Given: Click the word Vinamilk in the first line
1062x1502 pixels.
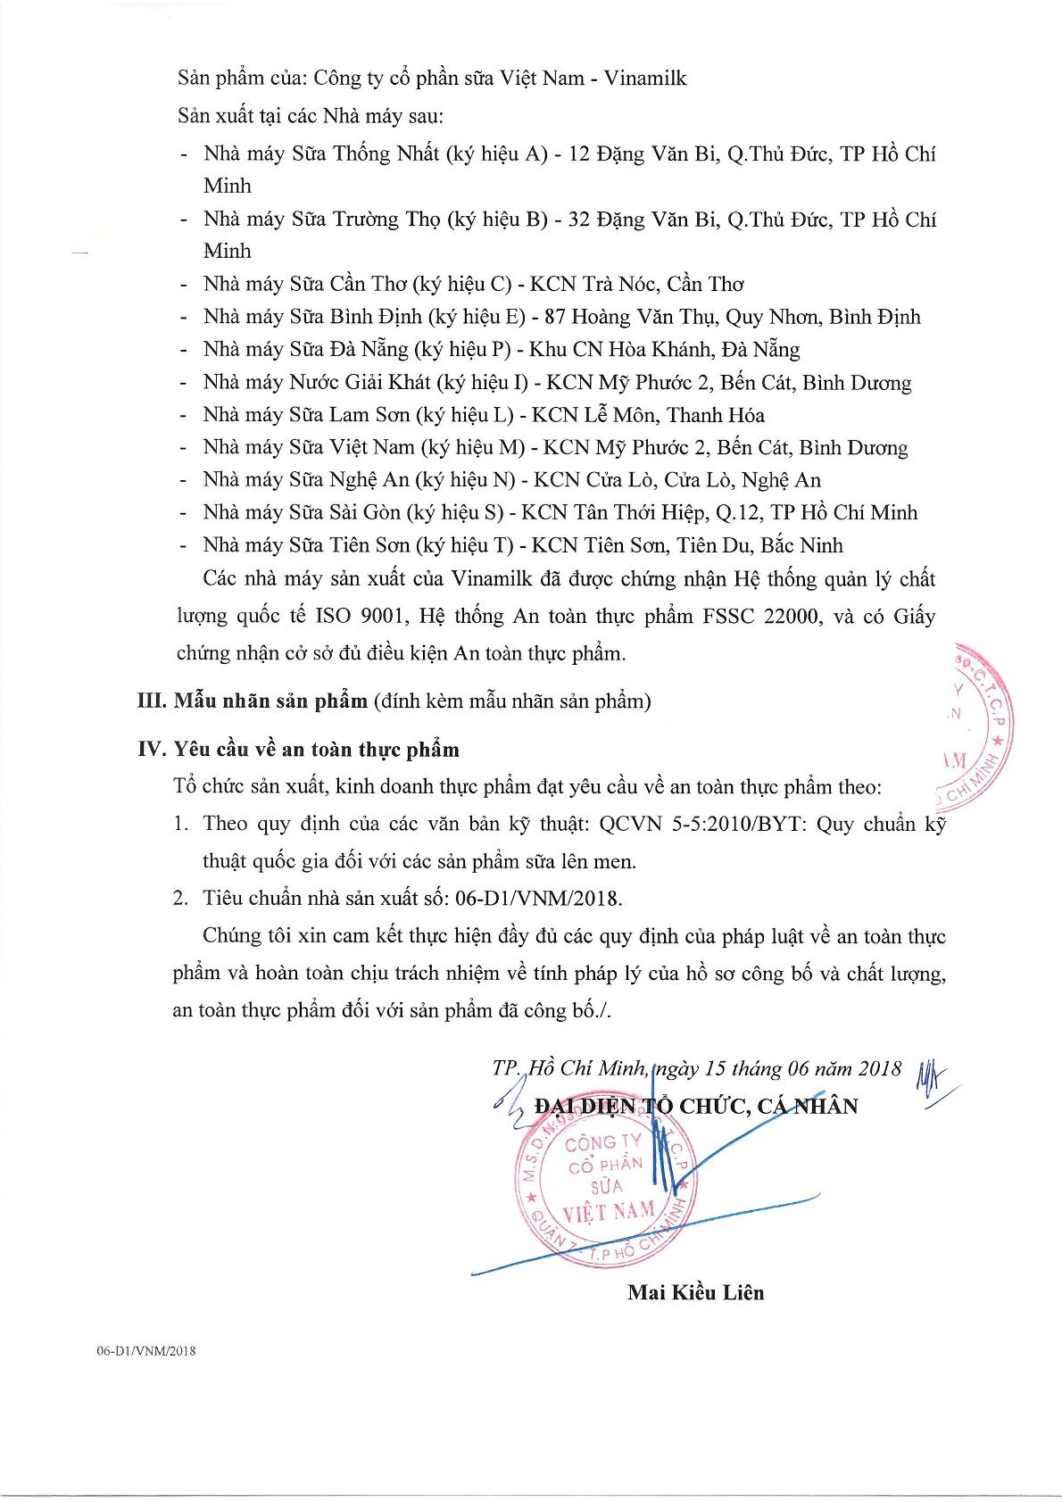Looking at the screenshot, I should pyautogui.click(x=644, y=79).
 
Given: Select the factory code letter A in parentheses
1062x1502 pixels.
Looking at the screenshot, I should pyautogui.click(x=533, y=154).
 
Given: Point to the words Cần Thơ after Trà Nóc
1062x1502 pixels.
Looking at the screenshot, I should pyautogui.click(x=705, y=285).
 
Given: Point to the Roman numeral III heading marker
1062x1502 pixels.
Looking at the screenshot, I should pyautogui.click(x=152, y=701).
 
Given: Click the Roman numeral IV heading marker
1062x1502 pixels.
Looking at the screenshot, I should pyautogui.click(x=152, y=750).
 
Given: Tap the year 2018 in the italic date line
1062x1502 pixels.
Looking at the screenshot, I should pyautogui.click(x=879, y=1068).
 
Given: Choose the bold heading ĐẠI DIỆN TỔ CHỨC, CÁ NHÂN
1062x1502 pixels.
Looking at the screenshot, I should pyautogui.click(x=696, y=1107).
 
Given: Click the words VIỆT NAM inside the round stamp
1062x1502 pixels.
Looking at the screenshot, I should pyautogui.click(x=608, y=1213).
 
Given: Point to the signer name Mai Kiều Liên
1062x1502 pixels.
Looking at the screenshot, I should pyautogui.click(x=695, y=1292).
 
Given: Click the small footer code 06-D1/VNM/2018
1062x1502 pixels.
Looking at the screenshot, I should pyautogui.click(x=146, y=1351).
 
